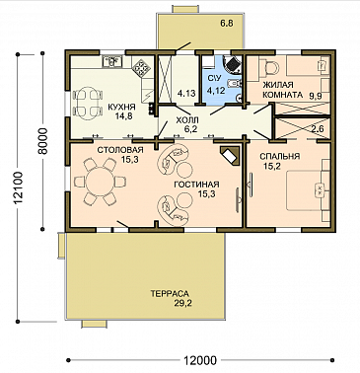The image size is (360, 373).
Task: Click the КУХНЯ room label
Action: point(122,107)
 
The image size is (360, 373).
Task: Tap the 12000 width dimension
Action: point(200,361)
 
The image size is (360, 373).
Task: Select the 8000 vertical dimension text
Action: point(42,141)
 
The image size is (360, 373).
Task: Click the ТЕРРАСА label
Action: point(170,293)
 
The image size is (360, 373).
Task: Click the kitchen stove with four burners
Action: point(141,67)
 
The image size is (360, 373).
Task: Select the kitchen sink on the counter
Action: point(112,61)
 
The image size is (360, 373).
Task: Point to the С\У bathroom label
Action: point(215,78)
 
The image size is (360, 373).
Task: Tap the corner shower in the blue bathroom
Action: point(233,64)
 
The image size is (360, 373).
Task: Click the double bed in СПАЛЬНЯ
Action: point(308,190)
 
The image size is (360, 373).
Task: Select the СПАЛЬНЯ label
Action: point(280,156)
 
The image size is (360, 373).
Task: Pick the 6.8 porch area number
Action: point(227,24)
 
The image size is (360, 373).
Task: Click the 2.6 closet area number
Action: point(318,129)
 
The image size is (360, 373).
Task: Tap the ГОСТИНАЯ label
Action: point(196,185)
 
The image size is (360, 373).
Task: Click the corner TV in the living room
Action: point(231,155)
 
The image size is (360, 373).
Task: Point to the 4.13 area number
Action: point(186,94)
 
